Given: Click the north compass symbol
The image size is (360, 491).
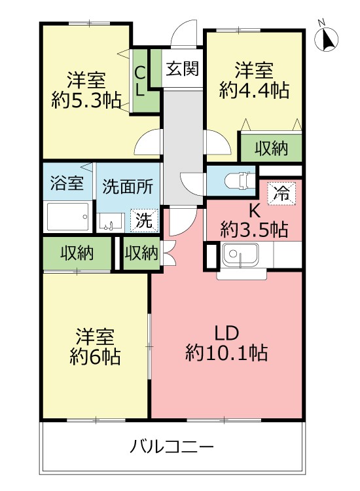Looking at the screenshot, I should pyautogui.click(x=327, y=39).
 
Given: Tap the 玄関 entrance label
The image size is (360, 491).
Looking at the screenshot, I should pyautogui.click(x=182, y=68).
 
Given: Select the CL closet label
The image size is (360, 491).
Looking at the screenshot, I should pyautogui.click(x=140, y=81).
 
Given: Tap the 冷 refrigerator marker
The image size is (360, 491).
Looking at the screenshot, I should pyautogui.click(x=281, y=193).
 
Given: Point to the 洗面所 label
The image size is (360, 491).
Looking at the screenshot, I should pyautogui.click(x=128, y=186).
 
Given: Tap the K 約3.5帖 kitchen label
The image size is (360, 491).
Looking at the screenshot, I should pyautogui.click(x=254, y=221).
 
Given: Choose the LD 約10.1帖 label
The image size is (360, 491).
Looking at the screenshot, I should pyautogui.click(x=226, y=343).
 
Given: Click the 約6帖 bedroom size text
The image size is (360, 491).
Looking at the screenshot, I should pyautogui.click(x=95, y=357).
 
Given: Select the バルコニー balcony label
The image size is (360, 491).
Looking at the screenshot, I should pyautogui.click(x=171, y=448).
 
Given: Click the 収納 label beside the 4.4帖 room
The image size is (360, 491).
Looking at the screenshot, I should pyautogui.click(x=271, y=149).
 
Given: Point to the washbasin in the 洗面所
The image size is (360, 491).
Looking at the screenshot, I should pyautogui.click(x=109, y=223).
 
